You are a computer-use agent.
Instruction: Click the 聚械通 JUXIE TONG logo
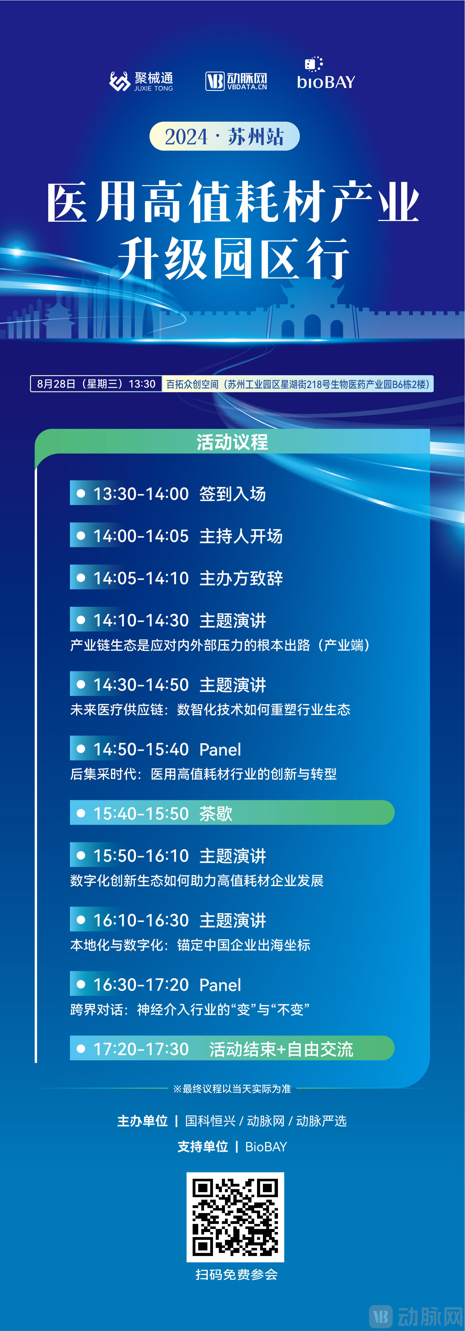pos(141,81)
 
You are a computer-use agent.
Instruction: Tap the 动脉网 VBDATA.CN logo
pos(236,81)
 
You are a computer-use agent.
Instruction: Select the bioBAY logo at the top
pos(326,75)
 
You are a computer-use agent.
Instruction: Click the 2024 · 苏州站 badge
pos(224,136)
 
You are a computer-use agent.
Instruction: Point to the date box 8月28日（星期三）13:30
pos(96,384)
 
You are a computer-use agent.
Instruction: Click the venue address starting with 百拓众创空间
pos(298,384)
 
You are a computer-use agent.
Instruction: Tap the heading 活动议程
pos(232,442)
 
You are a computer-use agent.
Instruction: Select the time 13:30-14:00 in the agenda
pos(141,494)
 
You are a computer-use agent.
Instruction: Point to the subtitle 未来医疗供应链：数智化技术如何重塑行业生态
pos(210,710)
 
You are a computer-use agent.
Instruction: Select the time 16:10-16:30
pos(141,920)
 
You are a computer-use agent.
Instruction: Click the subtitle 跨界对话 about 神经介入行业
pos(190,1009)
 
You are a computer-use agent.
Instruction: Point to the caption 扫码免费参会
pos(236,1275)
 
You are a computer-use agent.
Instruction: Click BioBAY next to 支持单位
pos(266,1146)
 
